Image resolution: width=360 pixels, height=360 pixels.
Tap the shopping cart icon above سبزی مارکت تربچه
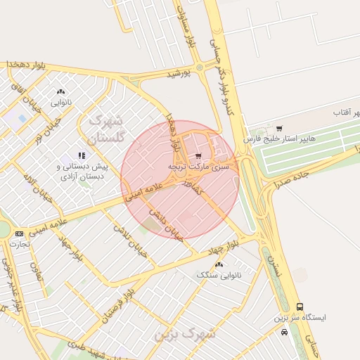coord(199,156)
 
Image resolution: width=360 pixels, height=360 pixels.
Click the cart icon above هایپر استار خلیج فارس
coord(280,129)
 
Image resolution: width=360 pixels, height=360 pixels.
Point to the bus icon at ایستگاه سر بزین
coord(301,307)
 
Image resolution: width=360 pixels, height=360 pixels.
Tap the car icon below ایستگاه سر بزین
coord(283,331)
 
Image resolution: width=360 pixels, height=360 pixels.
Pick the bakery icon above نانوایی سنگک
coord(219,264)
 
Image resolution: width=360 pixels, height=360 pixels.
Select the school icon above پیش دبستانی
coord(82,155)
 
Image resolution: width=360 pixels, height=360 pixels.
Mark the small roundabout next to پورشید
coord(200,67)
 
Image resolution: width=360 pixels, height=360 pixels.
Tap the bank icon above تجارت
coord(19,233)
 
